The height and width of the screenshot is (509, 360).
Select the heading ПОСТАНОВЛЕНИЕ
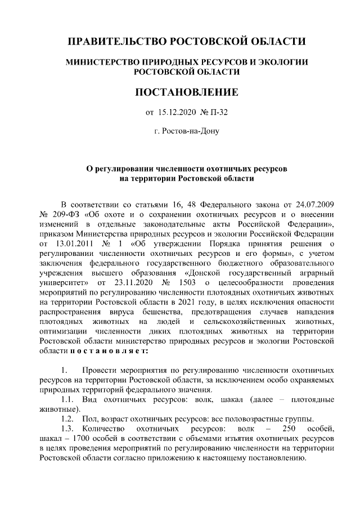[x=187, y=92]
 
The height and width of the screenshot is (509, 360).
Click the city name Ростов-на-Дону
[x=187, y=132]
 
